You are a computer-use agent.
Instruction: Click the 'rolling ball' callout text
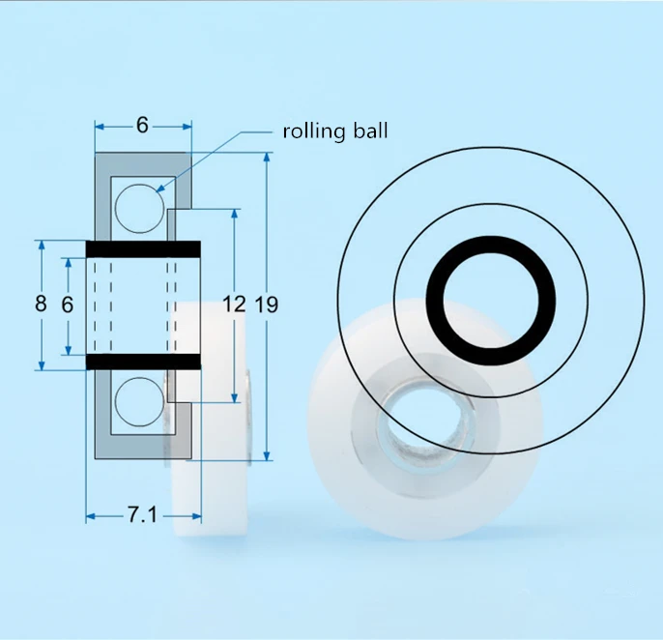point(334,131)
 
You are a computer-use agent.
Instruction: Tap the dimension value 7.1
point(142,514)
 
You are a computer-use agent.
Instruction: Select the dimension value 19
point(267,305)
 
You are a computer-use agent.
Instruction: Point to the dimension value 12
point(234,305)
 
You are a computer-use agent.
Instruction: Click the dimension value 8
point(41,304)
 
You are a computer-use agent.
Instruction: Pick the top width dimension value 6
point(142,125)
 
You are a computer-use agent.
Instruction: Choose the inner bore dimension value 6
point(68,305)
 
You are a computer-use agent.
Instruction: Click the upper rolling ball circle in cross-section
point(139,209)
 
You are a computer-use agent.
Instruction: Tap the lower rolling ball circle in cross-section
point(139,402)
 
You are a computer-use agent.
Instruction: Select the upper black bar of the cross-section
point(143,249)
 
